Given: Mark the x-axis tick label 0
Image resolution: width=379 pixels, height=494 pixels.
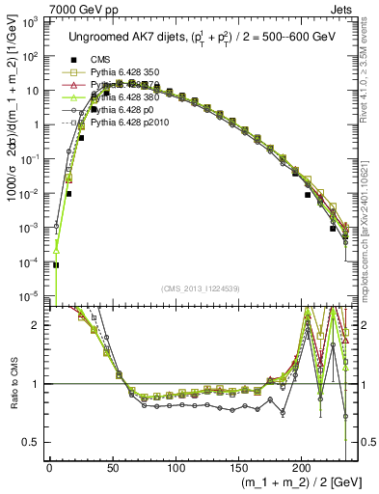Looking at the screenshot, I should pos(49,469).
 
